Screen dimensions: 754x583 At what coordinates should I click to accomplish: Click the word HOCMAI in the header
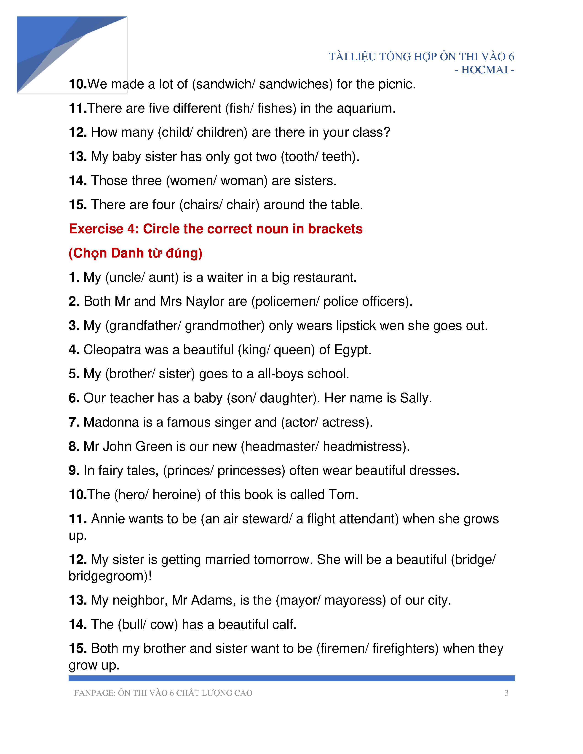pyautogui.click(x=484, y=70)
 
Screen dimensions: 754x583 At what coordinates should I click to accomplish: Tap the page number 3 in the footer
pyautogui.click(x=506, y=693)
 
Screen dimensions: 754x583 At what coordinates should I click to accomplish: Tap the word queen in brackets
pyautogui.click(x=294, y=350)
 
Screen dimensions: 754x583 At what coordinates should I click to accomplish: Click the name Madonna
pyautogui.click(x=111, y=422)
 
